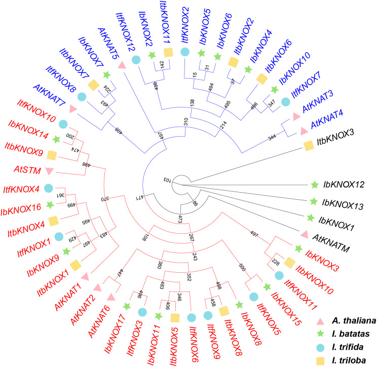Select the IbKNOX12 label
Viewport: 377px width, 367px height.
pyautogui.click(x=344, y=185)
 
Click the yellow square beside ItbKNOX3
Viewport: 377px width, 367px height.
pyautogui.click(x=308, y=145)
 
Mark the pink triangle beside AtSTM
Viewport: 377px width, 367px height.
pyautogui.click(x=50, y=169)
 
